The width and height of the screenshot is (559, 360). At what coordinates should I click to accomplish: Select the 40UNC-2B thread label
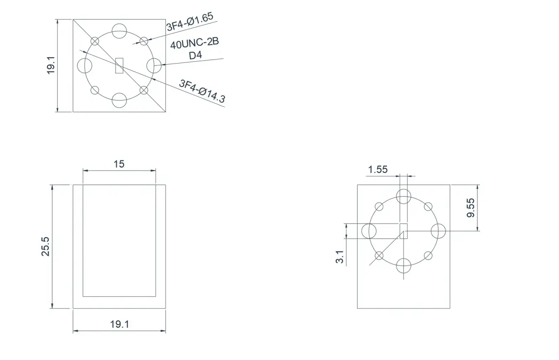pos(195,43)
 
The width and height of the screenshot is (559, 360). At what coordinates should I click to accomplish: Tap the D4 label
pos(195,55)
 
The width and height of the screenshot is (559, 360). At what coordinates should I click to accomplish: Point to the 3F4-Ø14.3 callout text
pos(203,91)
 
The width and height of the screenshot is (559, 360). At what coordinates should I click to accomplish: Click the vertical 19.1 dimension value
pos(51,65)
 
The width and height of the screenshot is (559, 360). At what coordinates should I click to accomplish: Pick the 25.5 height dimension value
pos(45,247)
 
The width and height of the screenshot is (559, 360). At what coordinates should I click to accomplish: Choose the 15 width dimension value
pos(119,164)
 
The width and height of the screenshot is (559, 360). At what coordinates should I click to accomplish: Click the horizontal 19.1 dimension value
pos(119,324)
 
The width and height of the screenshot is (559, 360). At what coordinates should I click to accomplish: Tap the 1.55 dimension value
pos(378,169)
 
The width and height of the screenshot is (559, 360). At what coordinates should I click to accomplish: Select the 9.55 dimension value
pos(471,208)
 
